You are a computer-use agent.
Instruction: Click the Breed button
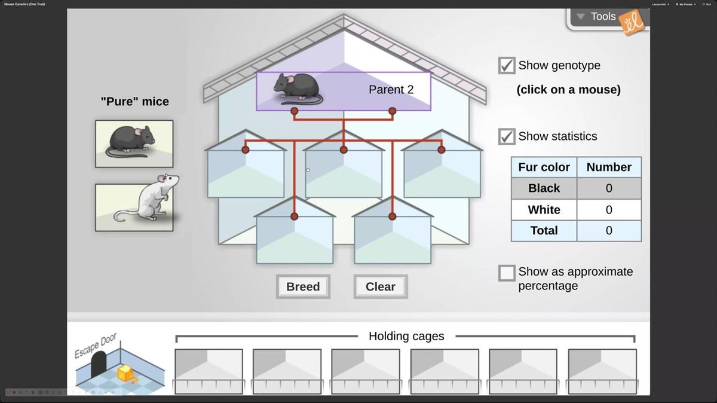tap(303, 286)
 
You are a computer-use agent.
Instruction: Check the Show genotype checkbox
tap(507, 65)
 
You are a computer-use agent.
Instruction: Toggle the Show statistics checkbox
tap(507, 136)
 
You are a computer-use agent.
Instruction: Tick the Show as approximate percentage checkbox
tap(507, 273)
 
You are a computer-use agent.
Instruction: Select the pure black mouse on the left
tap(134, 144)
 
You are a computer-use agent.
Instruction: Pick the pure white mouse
tap(134, 207)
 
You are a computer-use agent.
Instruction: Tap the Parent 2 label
tap(391, 90)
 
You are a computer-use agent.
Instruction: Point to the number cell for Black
tap(608, 188)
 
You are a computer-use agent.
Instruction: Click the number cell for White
tap(608, 210)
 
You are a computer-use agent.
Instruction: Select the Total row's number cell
tap(608, 231)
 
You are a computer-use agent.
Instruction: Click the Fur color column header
tap(544, 167)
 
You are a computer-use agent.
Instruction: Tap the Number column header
tap(608, 167)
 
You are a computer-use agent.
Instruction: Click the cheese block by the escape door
tap(126, 374)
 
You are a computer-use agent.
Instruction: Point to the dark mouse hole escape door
tap(98, 363)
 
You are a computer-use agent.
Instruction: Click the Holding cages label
tap(406, 336)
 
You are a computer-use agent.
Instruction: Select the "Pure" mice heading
tap(134, 102)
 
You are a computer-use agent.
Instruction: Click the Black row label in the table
tap(544, 188)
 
